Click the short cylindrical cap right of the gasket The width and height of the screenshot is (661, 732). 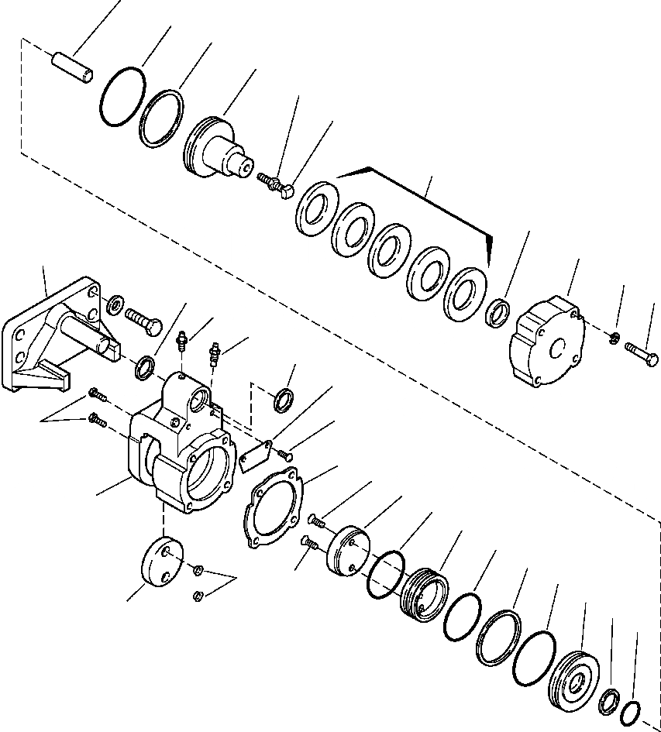[x=347, y=551]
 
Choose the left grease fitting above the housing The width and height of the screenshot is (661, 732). [x=183, y=342]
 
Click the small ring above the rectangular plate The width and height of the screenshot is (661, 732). [x=284, y=400]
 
